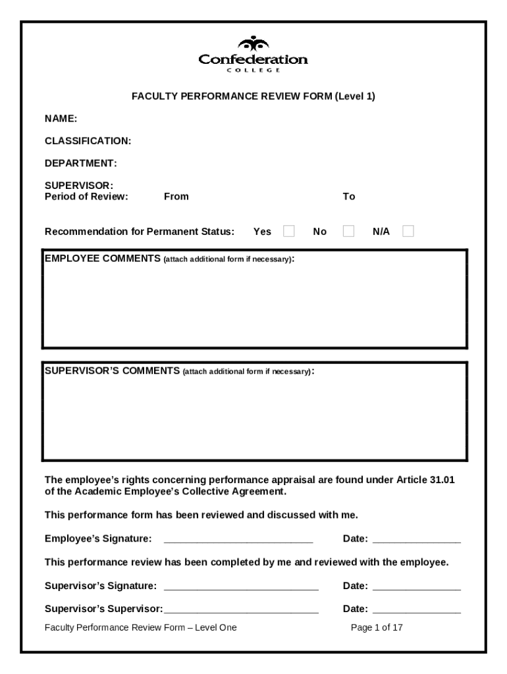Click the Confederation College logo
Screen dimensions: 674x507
(253, 55)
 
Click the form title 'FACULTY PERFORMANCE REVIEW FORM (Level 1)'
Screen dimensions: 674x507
(253, 97)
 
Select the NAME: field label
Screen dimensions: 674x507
(61, 118)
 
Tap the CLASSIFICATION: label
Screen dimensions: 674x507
(88, 141)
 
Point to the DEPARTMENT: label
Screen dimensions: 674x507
(80, 163)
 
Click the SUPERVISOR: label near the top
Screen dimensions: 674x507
(78, 186)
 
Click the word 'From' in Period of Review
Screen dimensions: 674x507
(176, 196)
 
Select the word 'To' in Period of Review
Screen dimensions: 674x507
(348, 196)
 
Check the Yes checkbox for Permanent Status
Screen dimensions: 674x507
(288, 231)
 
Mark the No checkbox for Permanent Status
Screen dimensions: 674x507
(348, 231)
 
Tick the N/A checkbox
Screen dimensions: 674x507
(408, 231)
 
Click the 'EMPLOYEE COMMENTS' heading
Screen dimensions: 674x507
(102, 259)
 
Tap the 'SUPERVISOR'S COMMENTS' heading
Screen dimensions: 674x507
(111, 371)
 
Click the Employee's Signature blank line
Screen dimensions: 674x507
(238, 540)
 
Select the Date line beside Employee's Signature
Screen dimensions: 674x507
(416, 540)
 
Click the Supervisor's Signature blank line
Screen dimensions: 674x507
(240, 586)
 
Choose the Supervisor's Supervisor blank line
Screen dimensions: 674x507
(241, 609)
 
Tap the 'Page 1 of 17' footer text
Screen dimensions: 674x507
(377, 628)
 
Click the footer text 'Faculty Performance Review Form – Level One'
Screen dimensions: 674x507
(140, 628)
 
